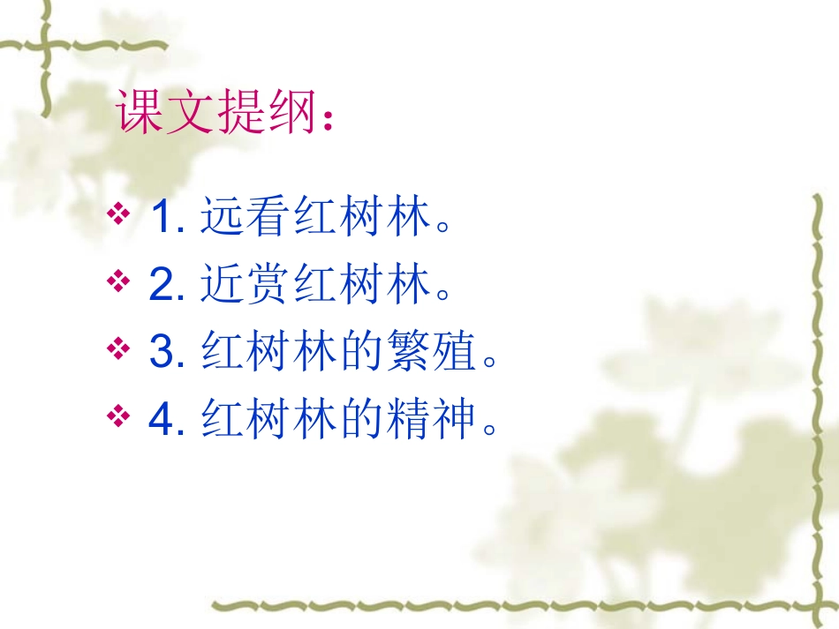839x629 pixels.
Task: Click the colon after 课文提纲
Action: (329, 123)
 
